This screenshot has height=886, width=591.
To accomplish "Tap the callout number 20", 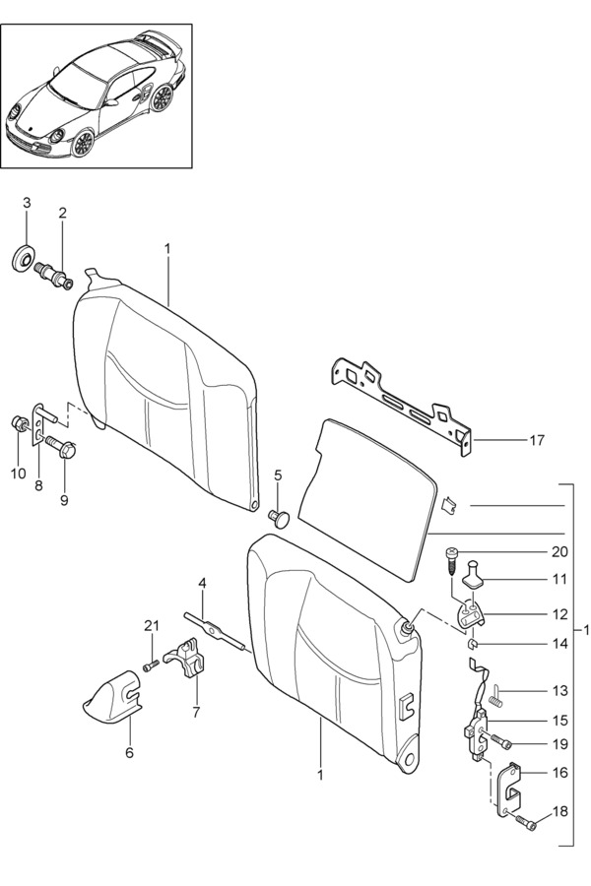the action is click(558, 551).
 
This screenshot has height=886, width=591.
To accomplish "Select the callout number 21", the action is click(151, 625).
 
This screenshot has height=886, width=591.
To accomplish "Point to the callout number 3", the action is click(27, 203).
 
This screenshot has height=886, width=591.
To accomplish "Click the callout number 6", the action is click(129, 753).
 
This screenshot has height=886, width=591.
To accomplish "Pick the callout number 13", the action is click(559, 690).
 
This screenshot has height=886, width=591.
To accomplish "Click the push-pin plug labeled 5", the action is click(278, 517).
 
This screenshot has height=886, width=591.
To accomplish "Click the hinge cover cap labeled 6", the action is click(111, 698).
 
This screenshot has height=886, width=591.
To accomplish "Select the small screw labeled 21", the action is click(150, 666).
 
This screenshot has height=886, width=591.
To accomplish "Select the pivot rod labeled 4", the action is click(214, 631).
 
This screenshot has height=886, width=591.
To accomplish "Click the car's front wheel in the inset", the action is click(84, 144).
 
